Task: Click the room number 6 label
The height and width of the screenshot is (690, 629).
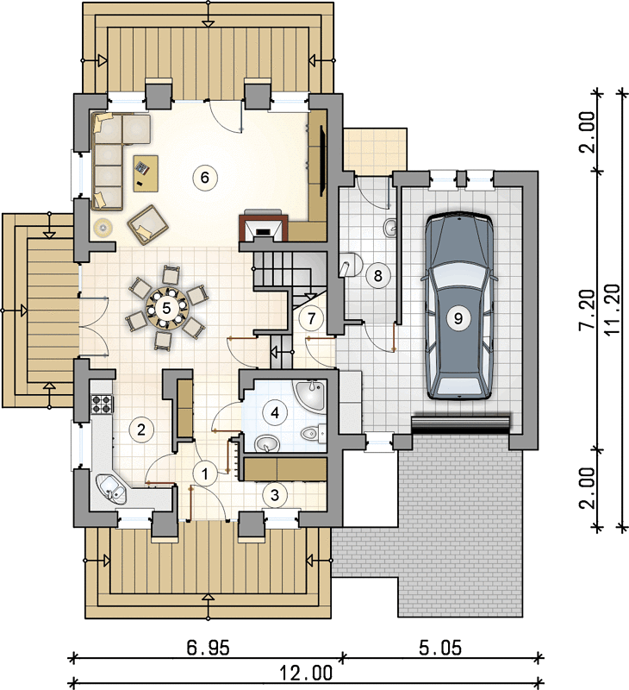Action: coord(204,178)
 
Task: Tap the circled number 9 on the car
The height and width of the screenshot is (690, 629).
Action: coord(458,317)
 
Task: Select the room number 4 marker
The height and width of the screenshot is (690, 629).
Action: coord(275,413)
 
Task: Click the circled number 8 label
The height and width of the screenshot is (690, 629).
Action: coord(377,276)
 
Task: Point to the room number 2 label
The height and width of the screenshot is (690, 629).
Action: coord(141,430)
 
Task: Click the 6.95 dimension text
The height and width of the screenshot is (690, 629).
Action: coord(208,648)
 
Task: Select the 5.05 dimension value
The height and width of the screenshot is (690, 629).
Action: coord(440,648)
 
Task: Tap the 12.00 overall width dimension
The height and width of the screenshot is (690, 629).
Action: coord(307,673)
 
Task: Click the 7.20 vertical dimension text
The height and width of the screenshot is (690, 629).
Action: coord(588,309)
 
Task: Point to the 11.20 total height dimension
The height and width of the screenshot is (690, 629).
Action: coord(613,310)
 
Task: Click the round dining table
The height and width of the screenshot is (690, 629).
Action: coord(166,308)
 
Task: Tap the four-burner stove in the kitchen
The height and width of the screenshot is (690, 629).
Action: coord(103,404)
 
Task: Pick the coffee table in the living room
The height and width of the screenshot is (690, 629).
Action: coord(146,173)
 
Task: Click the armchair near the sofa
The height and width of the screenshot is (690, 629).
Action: coord(147,224)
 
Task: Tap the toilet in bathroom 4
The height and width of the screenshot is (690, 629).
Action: coord(314,434)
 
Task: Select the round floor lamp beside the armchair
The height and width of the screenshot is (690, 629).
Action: coord(103,228)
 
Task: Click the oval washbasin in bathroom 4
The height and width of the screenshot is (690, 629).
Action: coord(267,443)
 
